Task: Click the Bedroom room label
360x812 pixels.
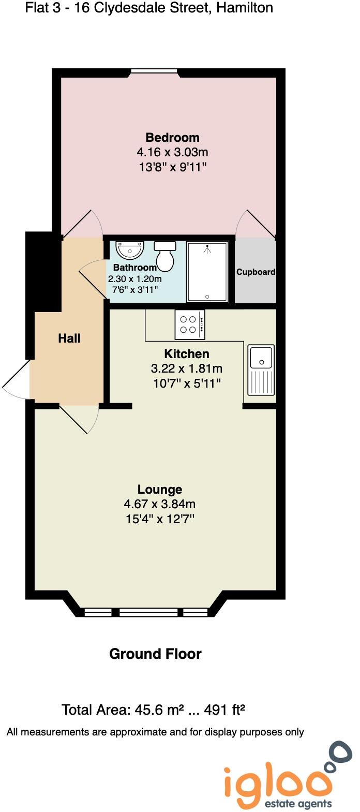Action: [172, 138]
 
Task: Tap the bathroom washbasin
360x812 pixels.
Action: [130, 250]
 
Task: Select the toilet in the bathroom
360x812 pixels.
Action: [165, 256]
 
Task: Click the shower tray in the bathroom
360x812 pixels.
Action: [207, 272]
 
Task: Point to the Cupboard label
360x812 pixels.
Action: [256, 272]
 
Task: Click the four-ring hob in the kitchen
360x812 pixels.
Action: [190, 324]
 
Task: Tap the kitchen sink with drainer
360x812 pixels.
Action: [261, 370]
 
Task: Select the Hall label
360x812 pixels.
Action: [69, 338]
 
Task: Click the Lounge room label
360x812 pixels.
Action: [160, 490]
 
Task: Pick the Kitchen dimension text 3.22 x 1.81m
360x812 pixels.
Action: [187, 368]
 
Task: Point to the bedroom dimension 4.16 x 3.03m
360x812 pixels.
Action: [172, 152]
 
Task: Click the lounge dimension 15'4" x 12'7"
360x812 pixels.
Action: [160, 519]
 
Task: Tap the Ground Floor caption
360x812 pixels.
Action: [155, 654]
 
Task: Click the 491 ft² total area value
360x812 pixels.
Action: [224, 710]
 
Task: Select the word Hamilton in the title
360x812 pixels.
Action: [245, 8]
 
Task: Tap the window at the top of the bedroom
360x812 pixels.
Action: [154, 71]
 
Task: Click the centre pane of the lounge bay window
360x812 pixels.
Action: [148, 612]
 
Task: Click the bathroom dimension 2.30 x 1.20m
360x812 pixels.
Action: [134, 279]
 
